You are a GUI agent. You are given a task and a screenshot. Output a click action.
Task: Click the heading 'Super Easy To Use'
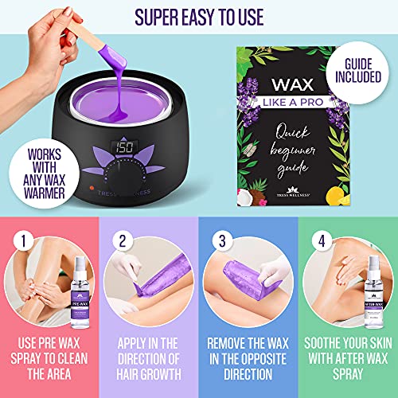click(x=199, y=16)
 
